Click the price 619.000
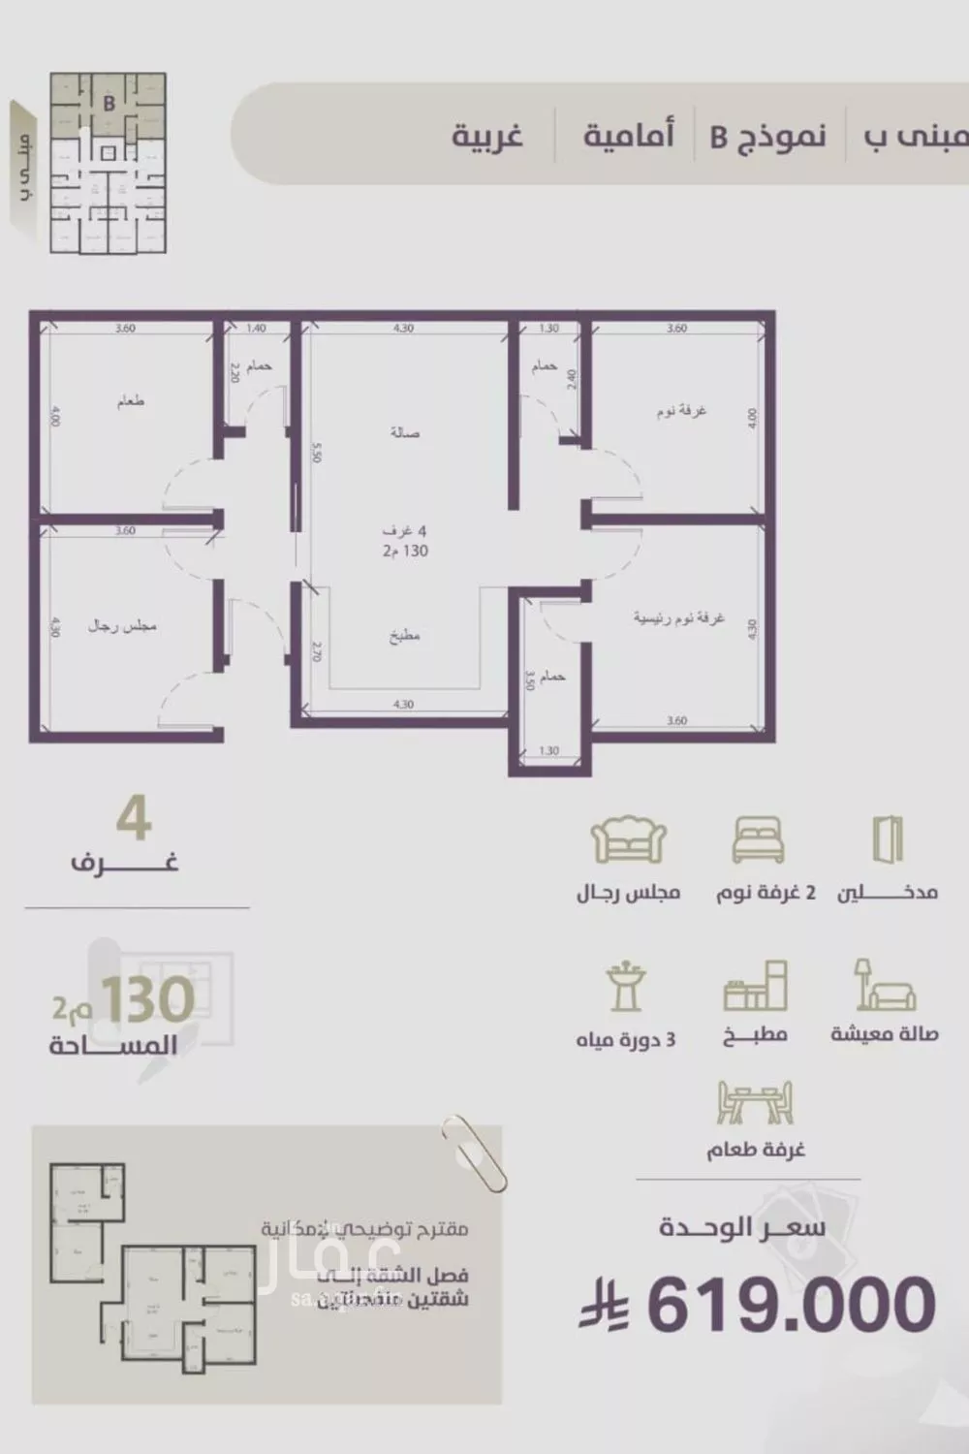coord(791,1304)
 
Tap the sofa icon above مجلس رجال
coord(629,839)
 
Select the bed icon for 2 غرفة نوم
coord(758,839)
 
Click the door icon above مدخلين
coord(887,838)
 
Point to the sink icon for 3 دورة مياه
coord(625,988)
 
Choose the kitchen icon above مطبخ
coord(755,987)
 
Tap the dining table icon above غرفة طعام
coord(755,1102)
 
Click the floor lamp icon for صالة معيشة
coord(883,986)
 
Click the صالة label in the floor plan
coord(405,432)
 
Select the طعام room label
coord(131,400)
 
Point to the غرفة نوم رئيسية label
coord(678,617)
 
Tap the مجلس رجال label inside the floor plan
coord(122,626)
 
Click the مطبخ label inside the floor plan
coord(404,636)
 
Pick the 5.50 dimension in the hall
coord(316,453)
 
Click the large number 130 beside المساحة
coord(147,1000)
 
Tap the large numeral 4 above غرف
coord(134,820)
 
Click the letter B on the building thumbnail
coord(109,103)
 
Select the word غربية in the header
coord(487,136)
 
